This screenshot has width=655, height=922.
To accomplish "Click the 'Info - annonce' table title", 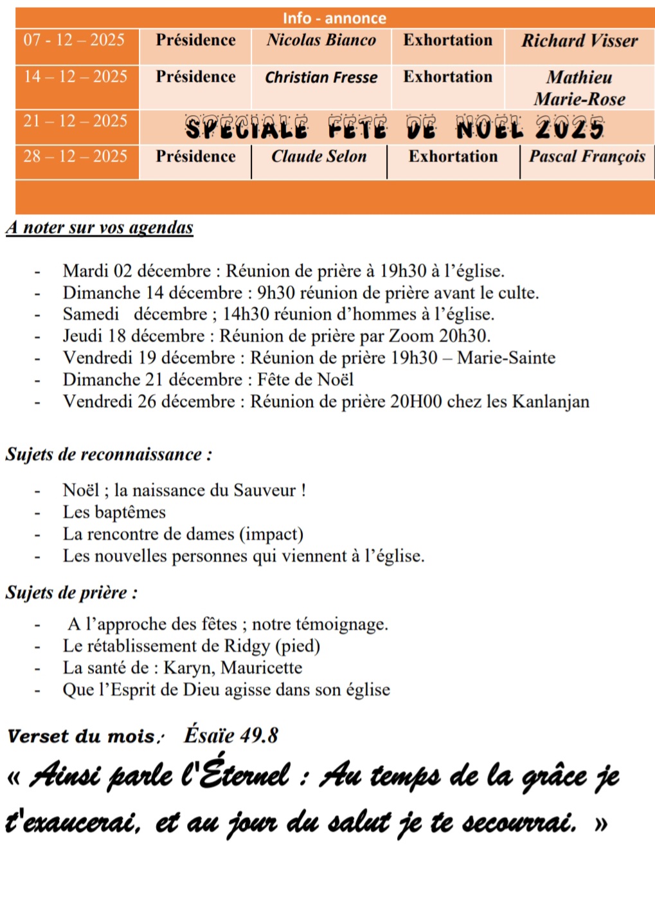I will click(334, 18).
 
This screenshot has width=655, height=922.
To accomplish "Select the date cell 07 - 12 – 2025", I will click(74, 41).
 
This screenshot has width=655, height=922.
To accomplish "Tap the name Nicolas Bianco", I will click(321, 41).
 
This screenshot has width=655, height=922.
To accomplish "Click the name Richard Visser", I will click(579, 41).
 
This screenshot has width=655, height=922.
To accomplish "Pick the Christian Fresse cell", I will click(321, 78).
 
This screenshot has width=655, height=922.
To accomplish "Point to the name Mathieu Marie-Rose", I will click(579, 88).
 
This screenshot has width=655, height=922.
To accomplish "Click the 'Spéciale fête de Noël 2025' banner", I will click(395, 128).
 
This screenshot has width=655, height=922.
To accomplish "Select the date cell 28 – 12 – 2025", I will click(75, 156).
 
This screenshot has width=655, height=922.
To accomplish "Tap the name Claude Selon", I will click(319, 157).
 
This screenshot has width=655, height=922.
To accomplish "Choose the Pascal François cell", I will click(587, 157).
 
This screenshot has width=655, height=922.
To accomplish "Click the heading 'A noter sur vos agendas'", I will click(100, 228).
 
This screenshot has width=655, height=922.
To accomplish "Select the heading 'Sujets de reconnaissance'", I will click(109, 455).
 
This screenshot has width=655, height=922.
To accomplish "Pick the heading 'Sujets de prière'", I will click(71, 592).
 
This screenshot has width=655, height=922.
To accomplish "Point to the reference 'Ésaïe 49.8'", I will click(231, 735).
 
